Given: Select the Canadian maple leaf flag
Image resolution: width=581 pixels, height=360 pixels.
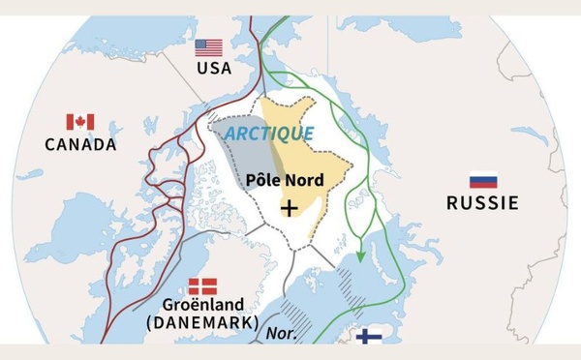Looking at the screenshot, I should tap(79, 122).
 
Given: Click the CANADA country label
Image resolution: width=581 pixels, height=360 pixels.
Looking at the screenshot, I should tap(80, 144).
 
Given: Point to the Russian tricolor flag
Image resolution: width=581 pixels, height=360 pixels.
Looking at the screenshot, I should tap(482, 181).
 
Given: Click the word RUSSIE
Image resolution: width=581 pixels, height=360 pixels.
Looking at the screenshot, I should tap(482, 203).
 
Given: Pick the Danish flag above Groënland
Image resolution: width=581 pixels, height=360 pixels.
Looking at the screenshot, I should tap(202, 286).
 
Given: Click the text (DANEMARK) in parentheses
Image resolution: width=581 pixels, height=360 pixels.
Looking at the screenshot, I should tap(202, 322).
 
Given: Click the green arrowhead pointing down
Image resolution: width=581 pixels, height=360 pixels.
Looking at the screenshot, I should tap(360, 256).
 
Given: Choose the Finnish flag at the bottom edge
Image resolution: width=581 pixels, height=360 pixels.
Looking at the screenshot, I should tap(367, 336).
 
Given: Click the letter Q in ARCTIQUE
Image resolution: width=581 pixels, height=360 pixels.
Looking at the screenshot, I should tap(293, 133).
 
